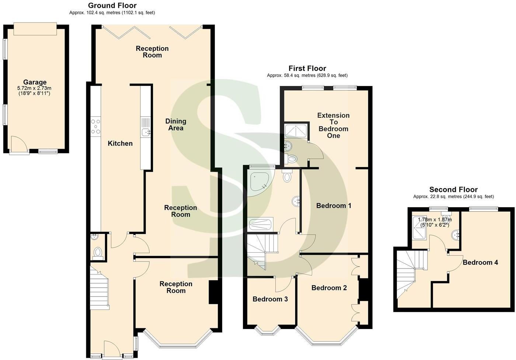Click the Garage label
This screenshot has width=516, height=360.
pyautogui.click(x=35, y=82)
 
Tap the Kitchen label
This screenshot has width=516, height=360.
pyautogui.click(x=120, y=143)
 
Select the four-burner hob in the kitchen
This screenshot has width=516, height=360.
pyautogui.click(x=96, y=127)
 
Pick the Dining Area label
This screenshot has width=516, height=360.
pyautogui.click(x=176, y=125)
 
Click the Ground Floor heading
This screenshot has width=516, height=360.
pyautogui.click(x=112, y=6)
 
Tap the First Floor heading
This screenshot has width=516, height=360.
pyautogui.click(x=307, y=68)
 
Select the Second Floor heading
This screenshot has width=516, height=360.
pyautogui.click(x=453, y=190)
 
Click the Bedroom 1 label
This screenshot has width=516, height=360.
pyautogui.click(x=334, y=205)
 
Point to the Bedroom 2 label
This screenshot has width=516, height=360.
pyautogui.click(x=329, y=288)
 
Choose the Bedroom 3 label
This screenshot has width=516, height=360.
pyautogui.click(x=270, y=299)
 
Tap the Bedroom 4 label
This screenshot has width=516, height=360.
pyautogui.click(x=480, y=262)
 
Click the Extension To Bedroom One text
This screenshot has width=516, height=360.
pyautogui.click(x=333, y=125)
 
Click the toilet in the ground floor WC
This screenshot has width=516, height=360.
pyautogui.click(x=98, y=252)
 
